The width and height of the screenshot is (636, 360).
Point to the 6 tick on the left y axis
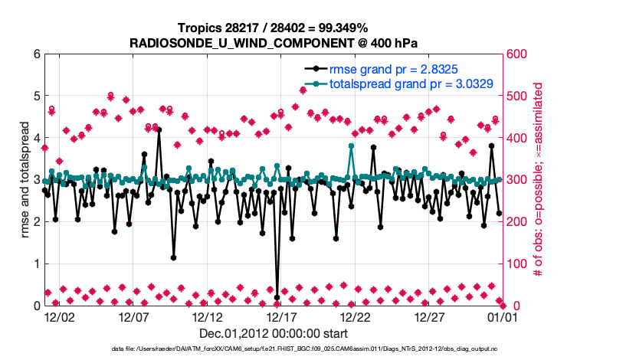[x=36, y=54]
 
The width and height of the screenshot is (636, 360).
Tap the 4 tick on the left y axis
[x=36, y=138]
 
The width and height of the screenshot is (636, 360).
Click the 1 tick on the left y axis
[x=36, y=263]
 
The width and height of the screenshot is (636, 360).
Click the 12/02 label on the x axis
[x=59, y=316]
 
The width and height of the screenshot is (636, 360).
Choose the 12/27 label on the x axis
[x=429, y=316]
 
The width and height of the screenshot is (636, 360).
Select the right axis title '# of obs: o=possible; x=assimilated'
[x=538, y=180]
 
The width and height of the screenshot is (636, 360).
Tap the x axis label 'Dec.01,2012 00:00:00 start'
[x=274, y=333]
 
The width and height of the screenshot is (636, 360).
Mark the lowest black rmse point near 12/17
[x=277, y=297]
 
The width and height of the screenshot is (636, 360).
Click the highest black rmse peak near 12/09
[x=159, y=130]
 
